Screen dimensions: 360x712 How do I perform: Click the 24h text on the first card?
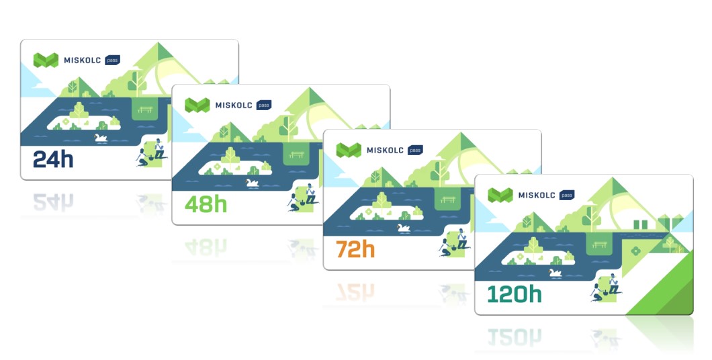click(x=53, y=160)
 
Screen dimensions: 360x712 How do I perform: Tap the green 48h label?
click(x=206, y=204)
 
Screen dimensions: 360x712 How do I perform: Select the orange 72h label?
click(x=356, y=249)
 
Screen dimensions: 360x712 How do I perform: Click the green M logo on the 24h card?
click(x=46, y=60)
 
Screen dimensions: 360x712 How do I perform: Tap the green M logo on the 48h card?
click(x=197, y=105)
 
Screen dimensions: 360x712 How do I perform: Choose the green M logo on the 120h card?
click(x=500, y=195)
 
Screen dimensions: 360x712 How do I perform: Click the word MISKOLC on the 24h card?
click(x=82, y=60)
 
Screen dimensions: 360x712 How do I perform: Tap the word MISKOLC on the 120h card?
click(x=536, y=195)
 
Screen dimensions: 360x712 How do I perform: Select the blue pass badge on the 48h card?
click(x=264, y=105)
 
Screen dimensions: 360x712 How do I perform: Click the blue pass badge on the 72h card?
click(x=415, y=150)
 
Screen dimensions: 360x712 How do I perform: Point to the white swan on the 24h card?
click(x=101, y=138)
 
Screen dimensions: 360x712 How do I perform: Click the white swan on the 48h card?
click(x=253, y=182)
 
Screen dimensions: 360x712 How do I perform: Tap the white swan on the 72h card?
click(x=404, y=228)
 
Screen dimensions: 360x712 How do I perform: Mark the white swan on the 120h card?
click(x=555, y=273)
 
